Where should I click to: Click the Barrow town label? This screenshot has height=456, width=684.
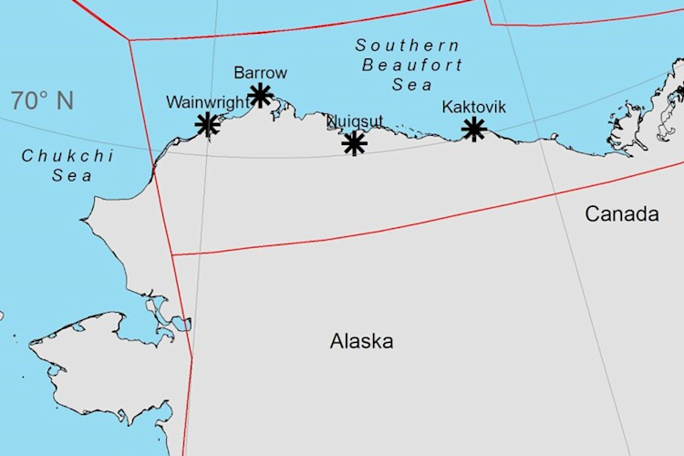(x=260, y=72)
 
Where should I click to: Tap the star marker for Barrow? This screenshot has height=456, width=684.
(x=261, y=95)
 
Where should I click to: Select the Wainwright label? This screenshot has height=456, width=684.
(x=206, y=102)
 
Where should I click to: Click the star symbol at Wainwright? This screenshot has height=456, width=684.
(x=208, y=124)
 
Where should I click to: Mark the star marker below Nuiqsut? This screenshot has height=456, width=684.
(x=354, y=143)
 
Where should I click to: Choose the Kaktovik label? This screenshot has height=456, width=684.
(x=473, y=107)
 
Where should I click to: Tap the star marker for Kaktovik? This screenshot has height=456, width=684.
(x=473, y=130)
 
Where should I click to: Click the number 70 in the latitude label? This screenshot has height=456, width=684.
(x=25, y=100)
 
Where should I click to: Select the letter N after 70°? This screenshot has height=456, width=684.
(x=64, y=100)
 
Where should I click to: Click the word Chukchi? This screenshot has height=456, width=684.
(x=68, y=156)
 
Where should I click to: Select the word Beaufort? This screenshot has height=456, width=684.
(x=411, y=65)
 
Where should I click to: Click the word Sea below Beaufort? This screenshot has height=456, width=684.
(x=411, y=85)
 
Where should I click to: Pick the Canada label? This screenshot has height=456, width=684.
(x=621, y=214)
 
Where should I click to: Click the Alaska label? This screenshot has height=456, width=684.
(x=362, y=342)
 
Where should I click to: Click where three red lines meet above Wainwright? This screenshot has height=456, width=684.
(x=130, y=40)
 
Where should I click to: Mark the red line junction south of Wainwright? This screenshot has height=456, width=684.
(x=171, y=254)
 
